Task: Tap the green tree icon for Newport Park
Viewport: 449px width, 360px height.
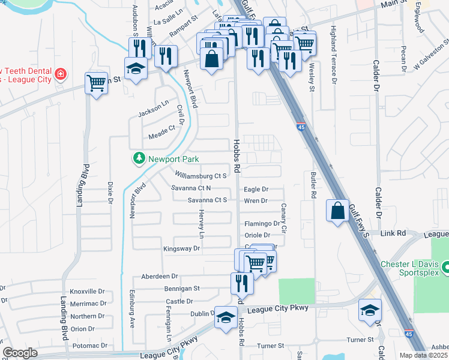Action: [x=139, y=158]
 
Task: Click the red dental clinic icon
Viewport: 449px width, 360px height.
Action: [x=60, y=74]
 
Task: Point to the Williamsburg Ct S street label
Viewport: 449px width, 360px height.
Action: [x=200, y=176]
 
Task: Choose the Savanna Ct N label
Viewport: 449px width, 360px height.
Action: [x=190, y=188]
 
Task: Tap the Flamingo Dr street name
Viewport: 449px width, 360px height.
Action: [x=262, y=224]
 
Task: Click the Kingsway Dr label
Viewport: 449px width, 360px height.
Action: [x=181, y=248]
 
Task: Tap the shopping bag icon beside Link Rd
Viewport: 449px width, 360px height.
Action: [x=337, y=211]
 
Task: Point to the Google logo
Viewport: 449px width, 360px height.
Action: [x=20, y=353]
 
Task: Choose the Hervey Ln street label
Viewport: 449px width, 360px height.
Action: [x=202, y=223]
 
